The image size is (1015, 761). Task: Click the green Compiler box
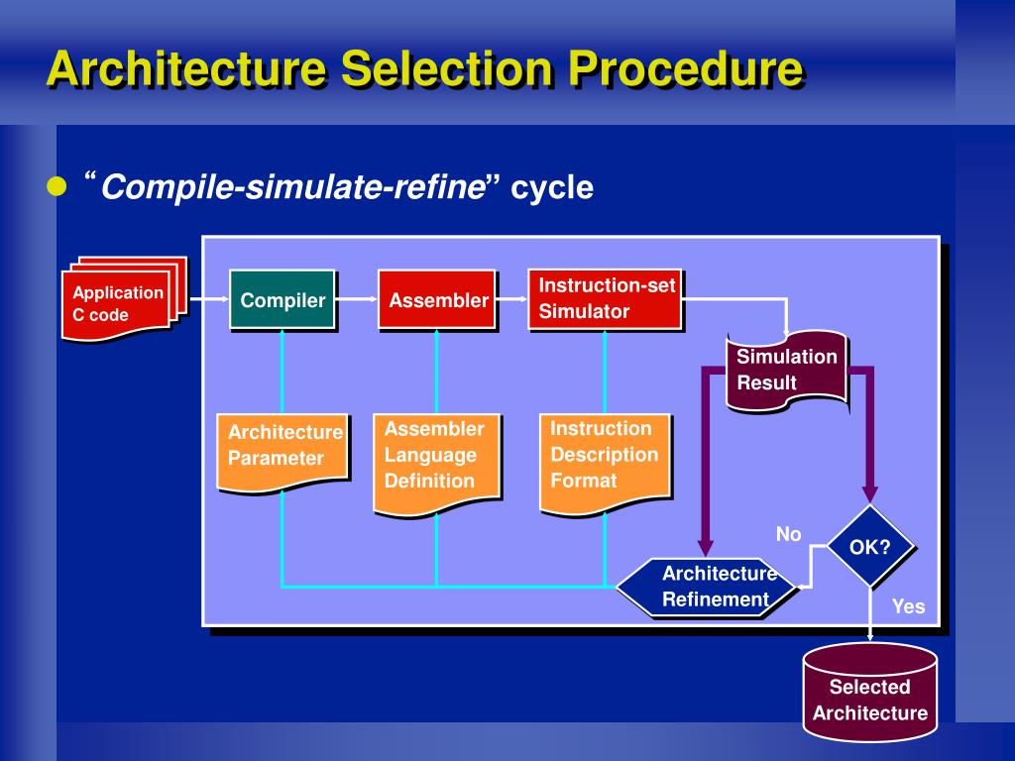tap(282, 299)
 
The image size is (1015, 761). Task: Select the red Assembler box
tap(437, 299)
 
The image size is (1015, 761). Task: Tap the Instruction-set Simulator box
tap(606, 299)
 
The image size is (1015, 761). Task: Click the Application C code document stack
tap(124, 299)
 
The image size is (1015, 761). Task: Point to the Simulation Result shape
tap(786, 371)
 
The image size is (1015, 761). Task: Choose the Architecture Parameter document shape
tap(282, 453)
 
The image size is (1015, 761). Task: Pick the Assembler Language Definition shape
tap(437, 465)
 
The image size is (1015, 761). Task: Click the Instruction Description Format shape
tap(605, 465)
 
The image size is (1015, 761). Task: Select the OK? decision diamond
tap(870, 547)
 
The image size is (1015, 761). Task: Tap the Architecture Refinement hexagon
tap(706, 587)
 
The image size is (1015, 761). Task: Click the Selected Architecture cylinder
tap(870, 693)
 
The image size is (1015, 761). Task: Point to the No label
tap(788, 534)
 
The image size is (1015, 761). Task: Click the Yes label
tap(908, 606)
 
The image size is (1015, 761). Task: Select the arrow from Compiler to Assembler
tap(357, 299)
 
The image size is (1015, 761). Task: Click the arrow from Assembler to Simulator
tap(512, 299)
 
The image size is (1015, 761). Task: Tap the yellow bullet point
tap(56, 186)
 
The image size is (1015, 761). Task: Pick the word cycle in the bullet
tap(552, 187)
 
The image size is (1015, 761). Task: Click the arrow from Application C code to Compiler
tap(208, 299)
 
